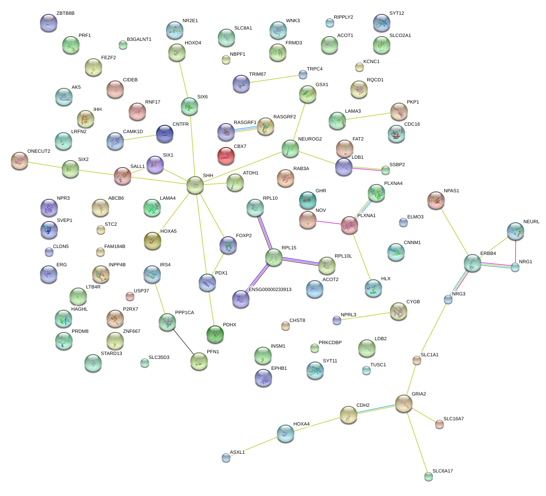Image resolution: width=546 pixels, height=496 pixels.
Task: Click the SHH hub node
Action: click(x=195, y=185)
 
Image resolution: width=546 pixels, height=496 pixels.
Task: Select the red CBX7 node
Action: click(x=226, y=155)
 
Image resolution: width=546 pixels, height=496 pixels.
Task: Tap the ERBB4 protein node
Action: click(x=472, y=263)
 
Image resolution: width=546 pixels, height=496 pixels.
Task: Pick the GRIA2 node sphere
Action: click(x=404, y=403)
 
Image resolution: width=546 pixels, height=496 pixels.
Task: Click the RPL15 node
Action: click(x=273, y=257)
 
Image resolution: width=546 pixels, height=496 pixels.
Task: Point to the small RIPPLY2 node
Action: click(x=330, y=22)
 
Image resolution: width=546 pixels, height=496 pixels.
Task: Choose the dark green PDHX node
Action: click(x=215, y=334)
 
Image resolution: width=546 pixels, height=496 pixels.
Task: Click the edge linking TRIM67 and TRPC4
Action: click(x=272, y=79)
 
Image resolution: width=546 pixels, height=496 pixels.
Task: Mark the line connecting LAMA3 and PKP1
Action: click(x=368, y=116)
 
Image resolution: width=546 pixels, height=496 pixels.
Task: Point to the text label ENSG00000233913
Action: click(x=270, y=290)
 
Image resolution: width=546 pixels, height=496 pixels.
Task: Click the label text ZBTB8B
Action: click(x=65, y=13)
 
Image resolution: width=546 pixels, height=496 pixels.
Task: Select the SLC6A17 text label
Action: click(x=443, y=471)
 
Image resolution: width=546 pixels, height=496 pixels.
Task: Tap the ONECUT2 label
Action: click(x=39, y=151)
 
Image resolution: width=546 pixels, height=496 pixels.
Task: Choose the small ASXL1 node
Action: click(x=226, y=457)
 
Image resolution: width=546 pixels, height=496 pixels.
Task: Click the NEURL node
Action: click(x=515, y=231)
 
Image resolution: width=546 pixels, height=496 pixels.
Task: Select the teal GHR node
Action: click(x=307, y=200)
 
